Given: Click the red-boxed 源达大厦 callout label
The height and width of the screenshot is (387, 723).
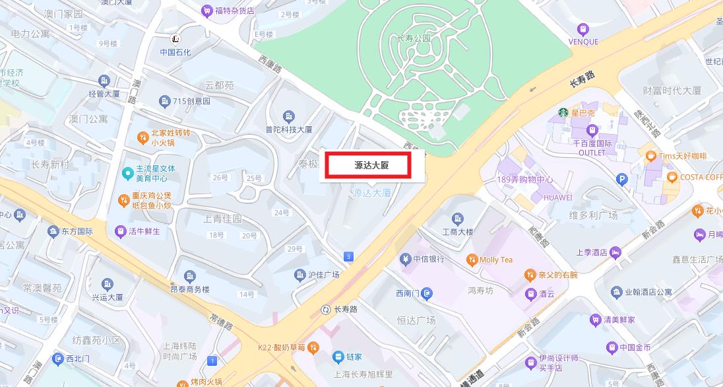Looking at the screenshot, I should (x=371, y=165).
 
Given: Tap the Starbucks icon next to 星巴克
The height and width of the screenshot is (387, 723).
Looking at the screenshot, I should (x=563, y=112).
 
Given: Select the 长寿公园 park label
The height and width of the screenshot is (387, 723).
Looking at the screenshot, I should (x=413, y=38).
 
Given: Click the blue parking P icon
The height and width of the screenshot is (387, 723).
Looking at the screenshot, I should (x=621, y=178).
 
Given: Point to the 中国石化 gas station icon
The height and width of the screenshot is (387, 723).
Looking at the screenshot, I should (x=175, y=39).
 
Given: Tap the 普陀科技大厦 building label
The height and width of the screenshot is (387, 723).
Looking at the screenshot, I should (x=289, y=129).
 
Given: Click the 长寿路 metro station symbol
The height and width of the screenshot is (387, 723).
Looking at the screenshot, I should (x=325, y=309).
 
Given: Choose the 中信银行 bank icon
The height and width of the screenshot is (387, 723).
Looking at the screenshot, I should (x=405, y=259).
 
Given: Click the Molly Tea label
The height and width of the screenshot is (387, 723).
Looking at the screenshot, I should (x=496, y=260).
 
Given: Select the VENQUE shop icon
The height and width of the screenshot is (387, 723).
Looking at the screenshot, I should (x=582, y=29).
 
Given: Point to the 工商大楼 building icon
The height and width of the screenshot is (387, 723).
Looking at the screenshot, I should (x=458, y=219).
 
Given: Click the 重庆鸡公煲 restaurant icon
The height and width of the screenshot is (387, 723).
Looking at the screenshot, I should (x=123, y=199).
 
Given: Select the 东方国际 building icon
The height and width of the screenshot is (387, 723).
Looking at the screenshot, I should (x=53, y=231).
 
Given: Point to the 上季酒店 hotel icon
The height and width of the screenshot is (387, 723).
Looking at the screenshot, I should (x=615, y=252).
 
